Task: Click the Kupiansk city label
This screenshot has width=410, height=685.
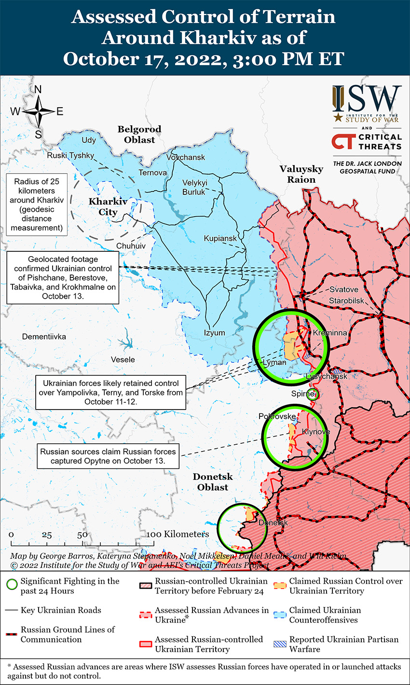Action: [220, 239]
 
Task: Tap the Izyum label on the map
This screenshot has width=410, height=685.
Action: [214, 333]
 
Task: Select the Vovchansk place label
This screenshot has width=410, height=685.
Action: [186, 157]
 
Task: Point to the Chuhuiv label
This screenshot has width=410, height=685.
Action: [131, 246]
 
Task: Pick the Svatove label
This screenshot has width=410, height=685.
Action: [344, 289]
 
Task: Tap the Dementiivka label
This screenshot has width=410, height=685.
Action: [44, 336]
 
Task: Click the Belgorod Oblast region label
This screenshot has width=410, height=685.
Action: [139, 135]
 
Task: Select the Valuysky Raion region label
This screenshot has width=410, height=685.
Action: [301, 174]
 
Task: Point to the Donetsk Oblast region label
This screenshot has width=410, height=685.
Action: [213, 482]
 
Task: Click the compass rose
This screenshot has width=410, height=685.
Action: [39, 111]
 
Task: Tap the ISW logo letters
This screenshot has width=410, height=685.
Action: [367, 98]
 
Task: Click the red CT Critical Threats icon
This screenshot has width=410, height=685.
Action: [342, 142]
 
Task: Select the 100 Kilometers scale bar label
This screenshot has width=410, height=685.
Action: [178, 534]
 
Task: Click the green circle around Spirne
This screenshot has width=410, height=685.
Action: [313, 394]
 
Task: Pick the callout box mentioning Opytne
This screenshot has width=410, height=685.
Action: [108, 456]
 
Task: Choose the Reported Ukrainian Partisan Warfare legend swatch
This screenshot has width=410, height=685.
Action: [280, 644]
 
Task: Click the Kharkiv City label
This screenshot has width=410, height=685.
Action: [108, 206]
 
